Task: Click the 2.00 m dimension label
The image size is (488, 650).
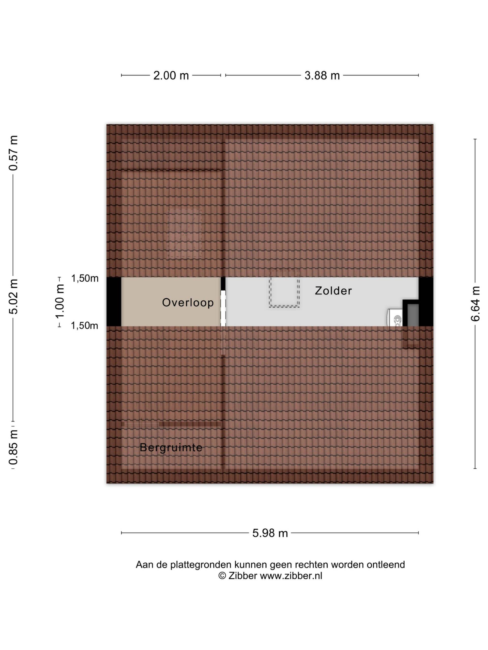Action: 171,75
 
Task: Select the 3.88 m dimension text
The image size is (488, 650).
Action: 322,75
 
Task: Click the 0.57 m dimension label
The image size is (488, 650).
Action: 13,153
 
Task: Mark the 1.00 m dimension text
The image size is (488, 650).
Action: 60,301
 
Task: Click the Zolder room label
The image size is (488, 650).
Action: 333,291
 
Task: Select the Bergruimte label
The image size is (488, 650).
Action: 171,448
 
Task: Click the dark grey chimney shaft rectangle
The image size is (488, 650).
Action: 413,315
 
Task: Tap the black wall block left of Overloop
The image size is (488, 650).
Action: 114,301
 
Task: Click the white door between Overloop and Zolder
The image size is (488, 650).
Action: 223,308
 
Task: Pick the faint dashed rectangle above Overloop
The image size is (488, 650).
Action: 185,233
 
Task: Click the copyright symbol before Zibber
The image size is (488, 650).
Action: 222,576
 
